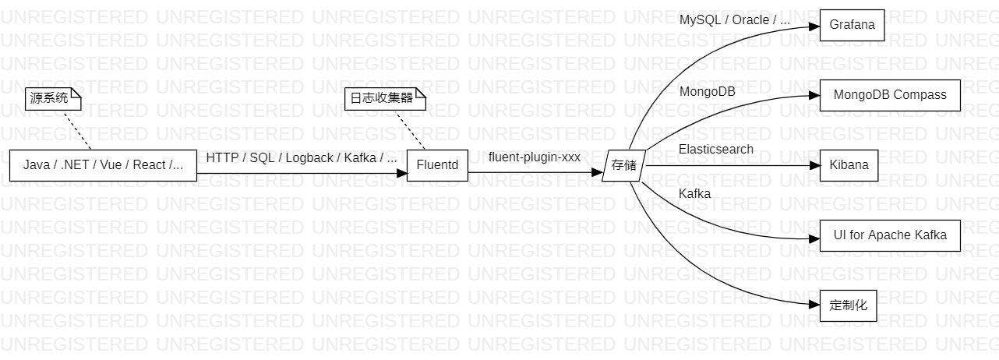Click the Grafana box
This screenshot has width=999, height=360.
click(852, 25)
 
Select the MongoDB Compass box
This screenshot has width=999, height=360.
click(890, 95)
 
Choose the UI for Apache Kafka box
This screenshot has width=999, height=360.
click(890, 235)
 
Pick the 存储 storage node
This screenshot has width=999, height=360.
click(624, 165)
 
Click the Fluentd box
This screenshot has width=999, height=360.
click(437, 165)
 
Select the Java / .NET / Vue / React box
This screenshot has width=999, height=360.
click(103, 165)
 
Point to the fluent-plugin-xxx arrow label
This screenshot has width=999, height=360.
click(534, 157)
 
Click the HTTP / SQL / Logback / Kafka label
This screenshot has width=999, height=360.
click(302, 157)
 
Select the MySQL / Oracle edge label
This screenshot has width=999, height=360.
click(734, 20)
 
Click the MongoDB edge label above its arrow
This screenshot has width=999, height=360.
click(707, 91)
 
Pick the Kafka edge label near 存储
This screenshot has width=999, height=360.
click(694, 194)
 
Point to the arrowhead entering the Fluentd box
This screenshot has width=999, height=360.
click(401, 173)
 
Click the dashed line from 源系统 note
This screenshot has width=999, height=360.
click(76, 129)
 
